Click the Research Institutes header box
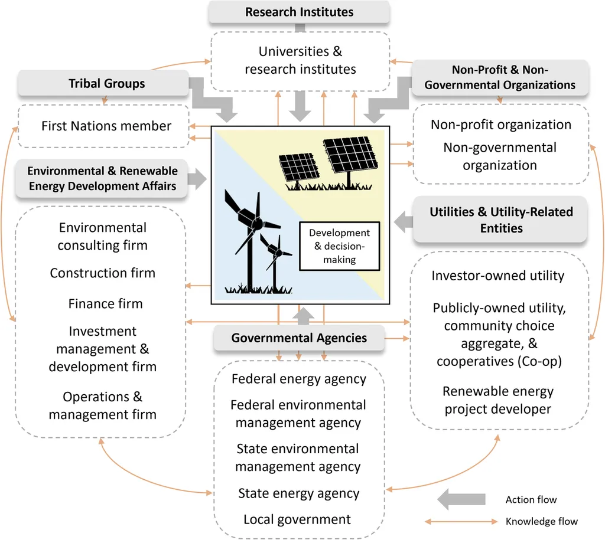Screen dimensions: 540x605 [299, 12]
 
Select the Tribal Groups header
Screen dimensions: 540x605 [106, 83]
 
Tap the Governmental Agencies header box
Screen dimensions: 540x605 [299, 338]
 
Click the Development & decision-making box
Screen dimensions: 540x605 [339, 246]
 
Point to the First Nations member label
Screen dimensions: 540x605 [106, 126]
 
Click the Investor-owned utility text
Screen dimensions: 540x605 [498, 276]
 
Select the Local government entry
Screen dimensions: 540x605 [297, 519]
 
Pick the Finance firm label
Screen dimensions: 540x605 [105, 303]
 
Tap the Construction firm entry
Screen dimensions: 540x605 [103, 273]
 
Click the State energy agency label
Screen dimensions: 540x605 [298, 493]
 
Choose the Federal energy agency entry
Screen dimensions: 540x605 [299, 379]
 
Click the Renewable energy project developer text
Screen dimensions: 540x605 [498, 400]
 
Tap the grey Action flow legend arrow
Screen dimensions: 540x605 [461, 500]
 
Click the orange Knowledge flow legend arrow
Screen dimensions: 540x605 [461, 521]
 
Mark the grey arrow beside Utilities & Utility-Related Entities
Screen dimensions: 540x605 [404, 222]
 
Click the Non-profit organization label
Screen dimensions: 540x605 [500, 125]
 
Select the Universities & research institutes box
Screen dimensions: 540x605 [300, 60]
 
